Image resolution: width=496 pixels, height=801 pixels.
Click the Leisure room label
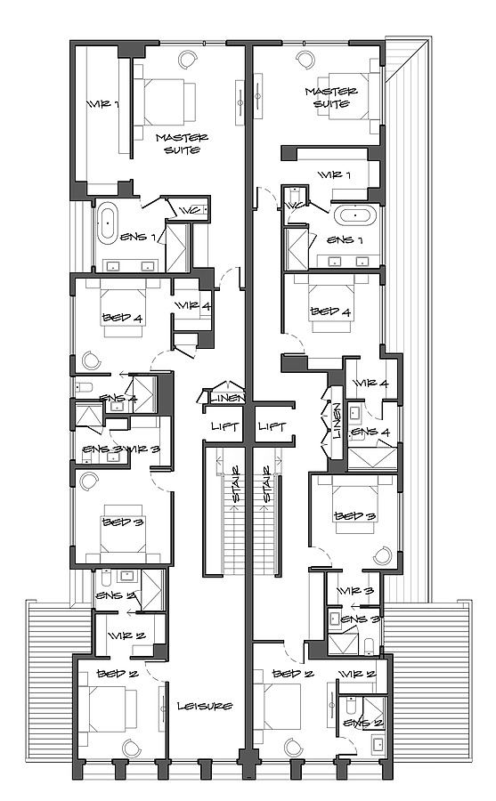[204, 706]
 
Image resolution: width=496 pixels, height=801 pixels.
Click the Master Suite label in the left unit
[182, 143]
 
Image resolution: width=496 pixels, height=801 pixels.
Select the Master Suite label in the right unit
[330, 97]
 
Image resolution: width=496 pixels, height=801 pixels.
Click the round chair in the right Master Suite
[305, 59]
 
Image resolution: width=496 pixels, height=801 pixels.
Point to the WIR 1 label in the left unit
[102, 105]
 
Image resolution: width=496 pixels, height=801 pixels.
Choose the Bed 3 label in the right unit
[353, 516]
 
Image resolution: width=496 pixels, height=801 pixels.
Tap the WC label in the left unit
[191, 210]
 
